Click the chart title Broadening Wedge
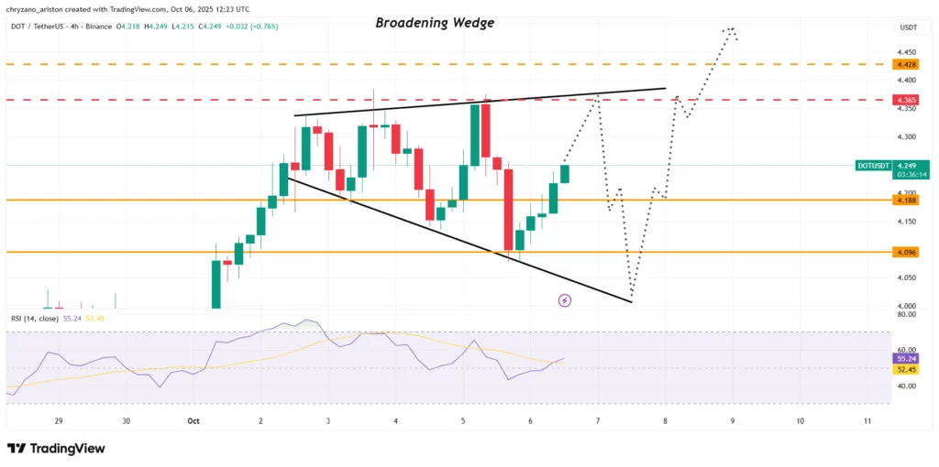pyautogui.click(x=435, y=23)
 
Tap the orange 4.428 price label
pyautogui.click(x=906, y=64)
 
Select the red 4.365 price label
pyautogui.click(x=906, y=100)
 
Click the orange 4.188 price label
pyautogui.click(x=906, y=199)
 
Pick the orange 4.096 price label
pyautogui.click(x=906, y=251)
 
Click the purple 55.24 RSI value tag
pyautogui.click(x=906, y=359)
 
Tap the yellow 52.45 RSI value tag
pyautogui.click(x=906, y=369)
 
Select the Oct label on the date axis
pyautogui.click(x=193, y=421)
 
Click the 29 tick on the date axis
pyautogui.click(x=58, y=421)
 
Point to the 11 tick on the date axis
pyautogui.click(x=867, y=421)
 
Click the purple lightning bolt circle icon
pyautogui.click(x=565, y=300)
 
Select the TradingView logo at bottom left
pyautogui.click(x=56, y=449)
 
